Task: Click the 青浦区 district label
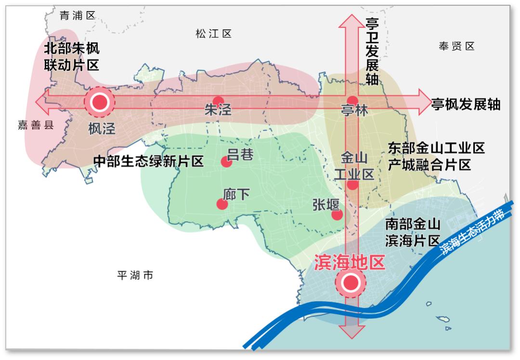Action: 78,15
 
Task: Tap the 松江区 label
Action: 214,34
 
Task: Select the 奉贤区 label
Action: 456,46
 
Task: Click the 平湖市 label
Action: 135,276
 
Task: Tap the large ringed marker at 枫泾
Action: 100,102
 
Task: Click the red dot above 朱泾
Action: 218,101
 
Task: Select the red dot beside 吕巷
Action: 226,162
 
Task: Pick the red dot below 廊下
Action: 222,204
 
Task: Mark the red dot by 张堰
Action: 337,215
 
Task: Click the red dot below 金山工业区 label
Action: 352,185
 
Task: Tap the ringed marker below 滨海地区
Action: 351,283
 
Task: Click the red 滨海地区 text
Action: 350,262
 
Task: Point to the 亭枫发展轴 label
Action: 466,105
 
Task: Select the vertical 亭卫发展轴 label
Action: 372,52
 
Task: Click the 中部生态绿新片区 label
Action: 148,161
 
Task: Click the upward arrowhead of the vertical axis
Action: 351,22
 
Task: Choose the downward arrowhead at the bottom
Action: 351,333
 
